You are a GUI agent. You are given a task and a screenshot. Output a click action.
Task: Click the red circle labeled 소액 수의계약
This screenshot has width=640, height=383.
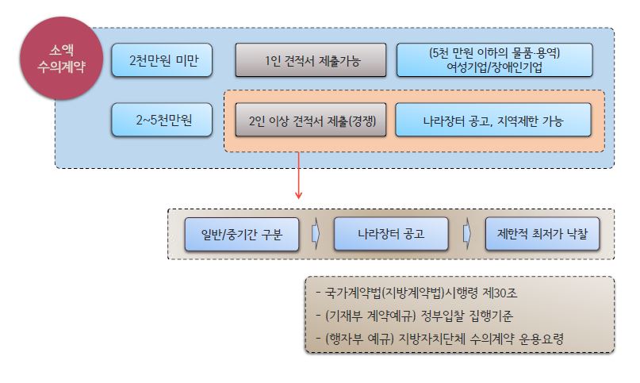coord(61,59)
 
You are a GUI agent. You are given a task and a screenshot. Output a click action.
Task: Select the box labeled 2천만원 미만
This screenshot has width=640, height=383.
coord(162,60)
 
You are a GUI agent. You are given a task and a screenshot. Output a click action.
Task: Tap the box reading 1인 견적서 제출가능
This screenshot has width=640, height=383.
coord(311,60)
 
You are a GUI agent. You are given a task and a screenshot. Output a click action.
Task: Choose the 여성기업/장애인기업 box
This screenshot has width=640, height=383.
coord(494,60)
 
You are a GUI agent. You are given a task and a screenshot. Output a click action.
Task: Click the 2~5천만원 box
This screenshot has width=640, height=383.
coord(162,120)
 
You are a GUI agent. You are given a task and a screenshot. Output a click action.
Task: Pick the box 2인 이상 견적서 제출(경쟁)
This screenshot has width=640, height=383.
coord(311,120)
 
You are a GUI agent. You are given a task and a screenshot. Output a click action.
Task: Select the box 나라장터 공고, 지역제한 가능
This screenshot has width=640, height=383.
coord(493,120)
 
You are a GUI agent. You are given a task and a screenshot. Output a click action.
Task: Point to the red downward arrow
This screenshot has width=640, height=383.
coord(298,175)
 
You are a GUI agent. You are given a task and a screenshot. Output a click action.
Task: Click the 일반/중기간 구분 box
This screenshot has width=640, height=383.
coord(242,234)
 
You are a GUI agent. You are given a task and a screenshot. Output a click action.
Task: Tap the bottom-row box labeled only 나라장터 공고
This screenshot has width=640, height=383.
coord(391,234)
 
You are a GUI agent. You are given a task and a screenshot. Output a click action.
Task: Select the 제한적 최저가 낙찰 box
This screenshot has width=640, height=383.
coord(542,234)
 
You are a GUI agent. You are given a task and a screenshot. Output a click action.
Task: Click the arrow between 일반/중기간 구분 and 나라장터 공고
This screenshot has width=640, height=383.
coord(316,234)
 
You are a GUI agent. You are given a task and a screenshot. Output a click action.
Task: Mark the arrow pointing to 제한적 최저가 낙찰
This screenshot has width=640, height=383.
coord(467,234)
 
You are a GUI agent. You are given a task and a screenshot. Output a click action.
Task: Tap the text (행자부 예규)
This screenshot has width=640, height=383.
coord(359,339)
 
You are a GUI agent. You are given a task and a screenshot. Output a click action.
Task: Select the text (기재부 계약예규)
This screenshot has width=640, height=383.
coord(370,316)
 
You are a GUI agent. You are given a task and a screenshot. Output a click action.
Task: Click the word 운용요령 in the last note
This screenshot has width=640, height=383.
coord(542,339)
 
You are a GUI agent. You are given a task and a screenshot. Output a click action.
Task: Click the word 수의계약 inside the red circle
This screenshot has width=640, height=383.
coord(61,67)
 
